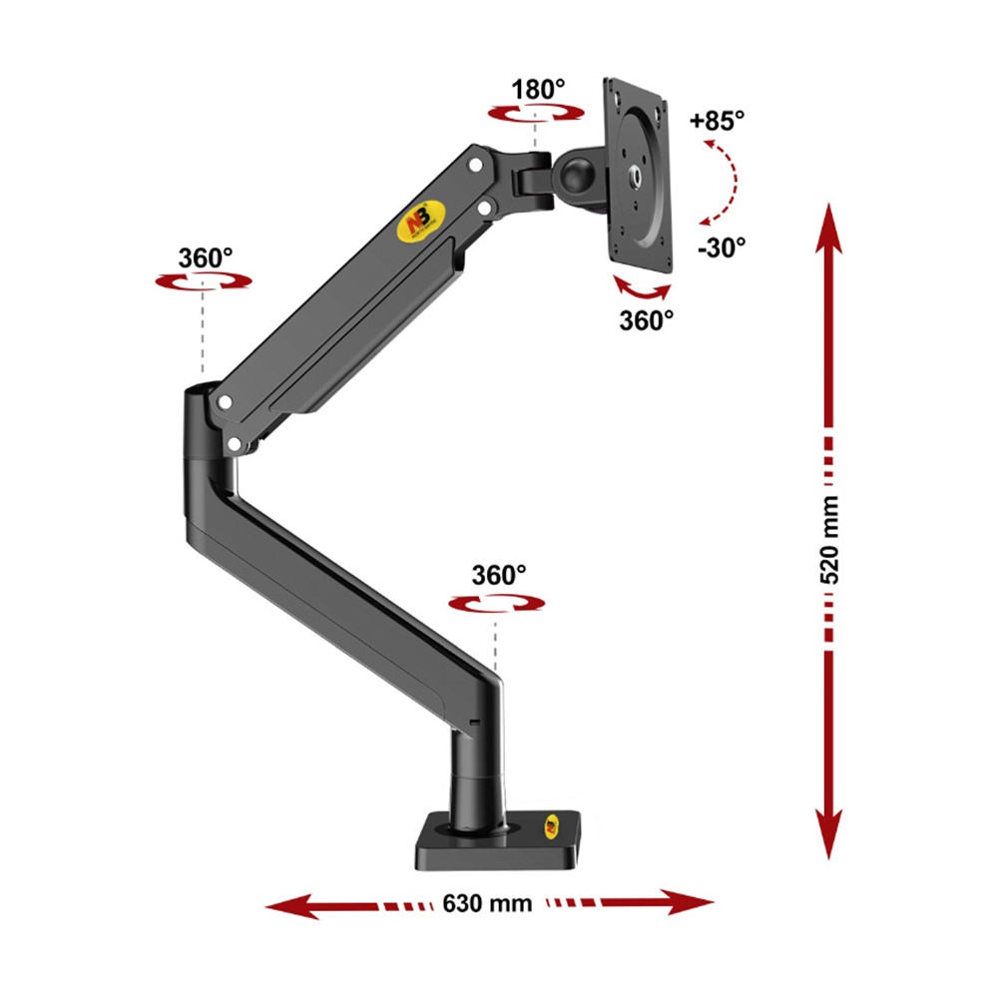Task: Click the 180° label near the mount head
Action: (x=538, y=90)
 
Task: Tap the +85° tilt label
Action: (x=718, y=122)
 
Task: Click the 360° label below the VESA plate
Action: (x=647, y=320)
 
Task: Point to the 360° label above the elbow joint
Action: (x=206, y=256)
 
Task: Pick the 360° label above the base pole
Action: (x=499, y=576)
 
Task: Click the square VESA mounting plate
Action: (x=637, y=176)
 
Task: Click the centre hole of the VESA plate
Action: (x=636, y=176)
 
